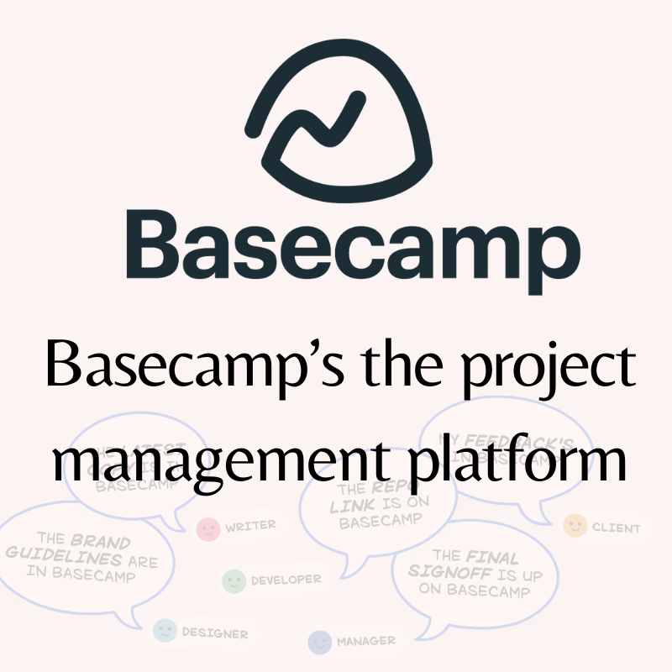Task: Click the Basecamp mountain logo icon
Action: coord(336,118)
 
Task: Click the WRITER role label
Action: coord(249,527)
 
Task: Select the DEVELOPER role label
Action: coord(286,580)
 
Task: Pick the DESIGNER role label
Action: coord(215,633)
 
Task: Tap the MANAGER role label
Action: coord(365,642)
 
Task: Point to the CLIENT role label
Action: coord(616,528)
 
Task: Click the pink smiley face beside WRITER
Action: coord(207,528)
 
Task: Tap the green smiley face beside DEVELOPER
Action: coord(234,580)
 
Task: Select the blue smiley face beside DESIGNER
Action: coord(165,631)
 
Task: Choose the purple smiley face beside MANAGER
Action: coord(319,643)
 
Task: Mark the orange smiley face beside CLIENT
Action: coord(575,527)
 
